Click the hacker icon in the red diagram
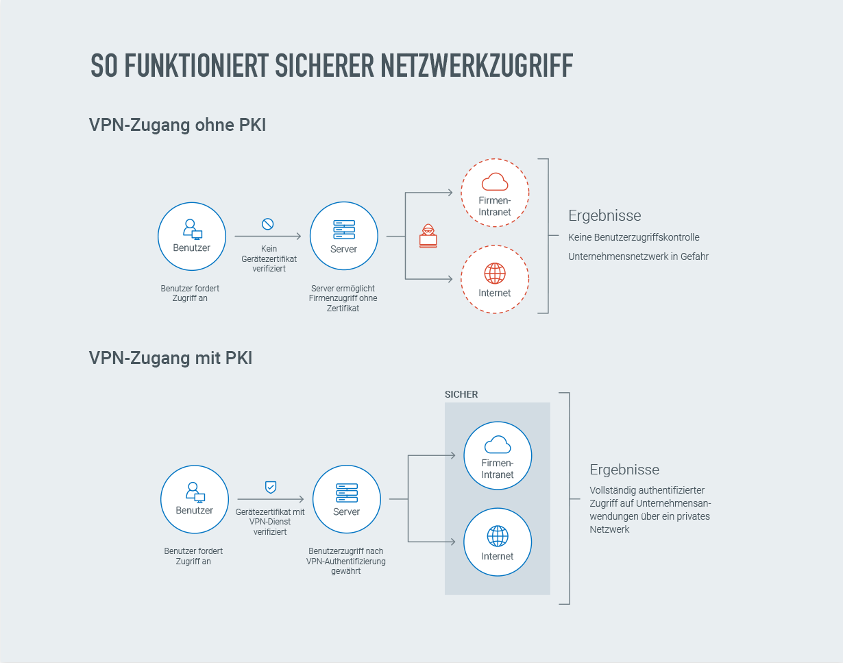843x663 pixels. click(428, 235)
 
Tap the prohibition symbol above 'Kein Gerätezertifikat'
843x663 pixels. click(268, 224)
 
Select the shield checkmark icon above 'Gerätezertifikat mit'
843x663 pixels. click(271, 487)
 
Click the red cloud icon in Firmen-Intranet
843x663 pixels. click(494, 182)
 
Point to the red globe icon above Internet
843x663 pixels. click(494, 274)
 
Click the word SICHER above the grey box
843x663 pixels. click(461, 394)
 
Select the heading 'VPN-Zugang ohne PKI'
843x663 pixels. click(178, 125)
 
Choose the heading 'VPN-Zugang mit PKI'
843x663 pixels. click(171, 358)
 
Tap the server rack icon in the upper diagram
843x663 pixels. click(343, 229)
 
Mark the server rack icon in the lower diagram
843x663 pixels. click(346, 492)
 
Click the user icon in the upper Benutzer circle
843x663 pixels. click(191, 228)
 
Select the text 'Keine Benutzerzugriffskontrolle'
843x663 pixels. click(634, 237)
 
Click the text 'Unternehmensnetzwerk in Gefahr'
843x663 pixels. click(638, 256)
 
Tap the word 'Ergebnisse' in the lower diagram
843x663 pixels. click(624, 470)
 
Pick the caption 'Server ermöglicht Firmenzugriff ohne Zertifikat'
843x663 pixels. click(343, 298)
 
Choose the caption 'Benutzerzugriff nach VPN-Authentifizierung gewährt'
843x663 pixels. click(346, 561)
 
